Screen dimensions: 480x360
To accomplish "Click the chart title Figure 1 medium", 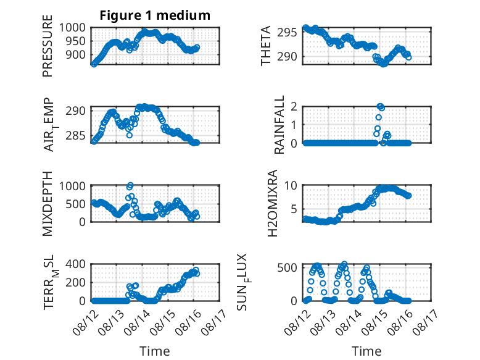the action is [155, 15].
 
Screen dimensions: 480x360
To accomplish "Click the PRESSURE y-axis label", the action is [48, 46].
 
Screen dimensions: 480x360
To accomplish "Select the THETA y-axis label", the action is [266, 46].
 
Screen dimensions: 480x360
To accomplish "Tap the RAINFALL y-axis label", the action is [279, 125].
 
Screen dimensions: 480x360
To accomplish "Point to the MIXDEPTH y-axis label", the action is [48, 203].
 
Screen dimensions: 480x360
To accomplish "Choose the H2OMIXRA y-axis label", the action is [272, 203].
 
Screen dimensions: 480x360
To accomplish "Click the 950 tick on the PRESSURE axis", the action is [76, 41].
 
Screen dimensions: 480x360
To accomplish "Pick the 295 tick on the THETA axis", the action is [287, 33].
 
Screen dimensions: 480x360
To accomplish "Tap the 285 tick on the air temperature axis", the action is [76, 135].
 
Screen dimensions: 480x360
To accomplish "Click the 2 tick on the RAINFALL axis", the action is [294, 106].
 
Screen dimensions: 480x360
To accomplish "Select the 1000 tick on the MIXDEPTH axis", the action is [72, 186].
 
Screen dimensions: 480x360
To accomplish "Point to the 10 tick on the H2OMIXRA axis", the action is [291, 185].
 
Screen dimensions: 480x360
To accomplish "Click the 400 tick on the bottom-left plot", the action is [76, 264].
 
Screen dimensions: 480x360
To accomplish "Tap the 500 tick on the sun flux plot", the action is [287, 267].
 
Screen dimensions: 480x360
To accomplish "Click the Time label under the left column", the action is [155, 351].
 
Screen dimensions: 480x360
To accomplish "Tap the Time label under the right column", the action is [366, 351].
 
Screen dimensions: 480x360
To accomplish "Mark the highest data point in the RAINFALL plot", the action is [380, 106].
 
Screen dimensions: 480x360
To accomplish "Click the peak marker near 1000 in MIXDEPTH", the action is [130, 185].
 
